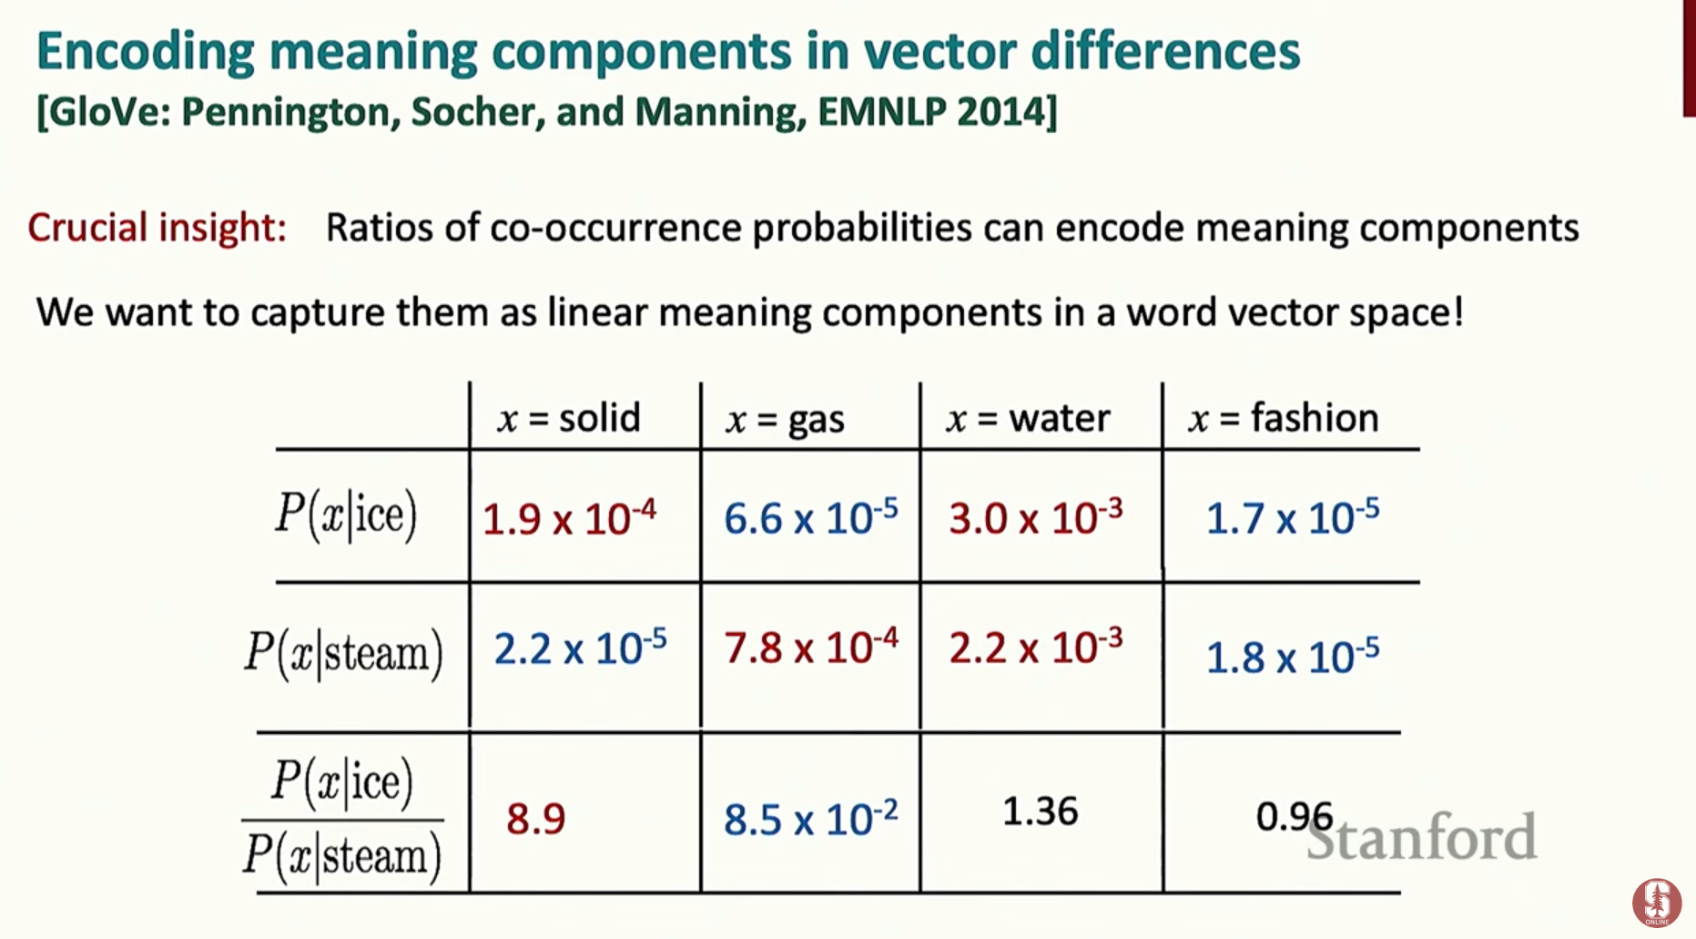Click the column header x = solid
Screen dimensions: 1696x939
pos(569,418)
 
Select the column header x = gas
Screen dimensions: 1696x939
pos(785,419)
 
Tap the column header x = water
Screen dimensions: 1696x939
pos(1028,418)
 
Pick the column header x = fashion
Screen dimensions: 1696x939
pos(1284,417)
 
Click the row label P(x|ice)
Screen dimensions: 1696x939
pos(346,515)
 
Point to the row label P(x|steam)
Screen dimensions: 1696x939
pos(343,653)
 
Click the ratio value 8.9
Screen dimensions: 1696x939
pos(536,818)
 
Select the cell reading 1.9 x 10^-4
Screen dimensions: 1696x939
pos(569,518)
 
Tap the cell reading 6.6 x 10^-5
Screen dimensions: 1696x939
pos(810,518)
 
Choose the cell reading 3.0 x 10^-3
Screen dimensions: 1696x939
pos(1036,518)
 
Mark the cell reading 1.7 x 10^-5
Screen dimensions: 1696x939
pos(1293,518)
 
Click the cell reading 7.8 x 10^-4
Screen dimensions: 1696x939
pos(810,648)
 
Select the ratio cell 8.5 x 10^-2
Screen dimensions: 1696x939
pos(810,819)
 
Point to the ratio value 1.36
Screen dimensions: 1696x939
pos(1041,811)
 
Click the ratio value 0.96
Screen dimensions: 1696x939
pos(1295,816)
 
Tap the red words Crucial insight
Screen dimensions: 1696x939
pos(157,228)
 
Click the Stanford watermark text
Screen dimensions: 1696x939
pos(1422,837)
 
